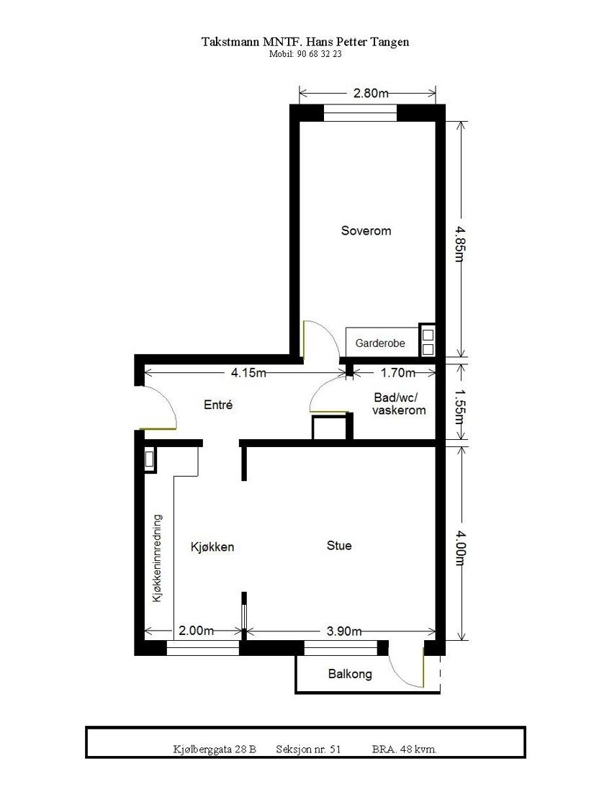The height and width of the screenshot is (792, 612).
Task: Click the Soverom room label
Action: (x=366, y=230)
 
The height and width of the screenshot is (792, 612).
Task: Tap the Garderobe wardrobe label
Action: (x=380, y=343)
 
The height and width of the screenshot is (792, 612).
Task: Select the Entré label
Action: (x=218, y=405)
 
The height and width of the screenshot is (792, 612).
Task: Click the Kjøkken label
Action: (x=212, y=546)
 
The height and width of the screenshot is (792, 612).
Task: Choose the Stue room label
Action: (x=339, y=546)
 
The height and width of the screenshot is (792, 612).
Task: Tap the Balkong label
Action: (x=350, y=674)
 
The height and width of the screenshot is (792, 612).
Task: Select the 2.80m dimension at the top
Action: (x=371, y=93)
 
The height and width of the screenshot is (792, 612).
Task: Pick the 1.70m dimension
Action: (x=398, y=372)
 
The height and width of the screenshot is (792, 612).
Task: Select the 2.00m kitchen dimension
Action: (x=197, y=631)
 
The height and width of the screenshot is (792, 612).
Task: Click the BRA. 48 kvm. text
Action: (x=405, y=749)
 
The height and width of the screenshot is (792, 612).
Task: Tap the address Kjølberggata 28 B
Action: (x=215, y=749)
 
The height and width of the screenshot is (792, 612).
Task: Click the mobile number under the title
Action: (x=305, y=54)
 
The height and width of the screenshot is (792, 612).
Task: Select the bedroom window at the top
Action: (x=360, y=114)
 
